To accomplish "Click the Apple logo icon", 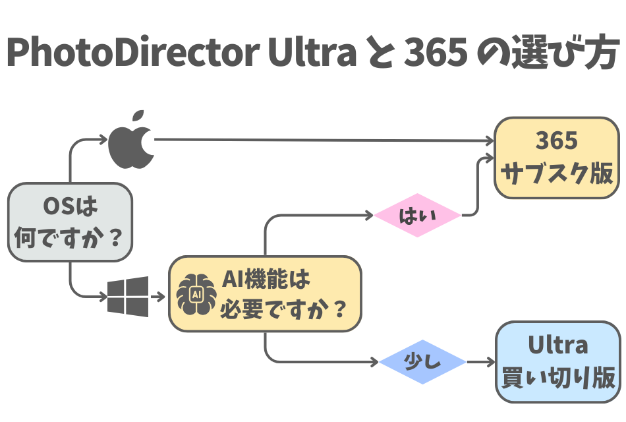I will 131,140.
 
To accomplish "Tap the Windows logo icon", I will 128,297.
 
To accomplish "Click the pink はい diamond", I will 417,215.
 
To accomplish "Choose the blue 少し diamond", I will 422,362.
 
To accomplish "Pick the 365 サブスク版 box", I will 557,158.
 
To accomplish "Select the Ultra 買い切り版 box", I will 557,363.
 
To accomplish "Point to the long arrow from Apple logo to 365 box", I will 323,140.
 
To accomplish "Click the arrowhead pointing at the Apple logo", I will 103,139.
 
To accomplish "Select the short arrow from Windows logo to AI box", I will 157,296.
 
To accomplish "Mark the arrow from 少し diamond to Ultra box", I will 479,362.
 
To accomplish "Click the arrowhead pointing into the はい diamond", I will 368,215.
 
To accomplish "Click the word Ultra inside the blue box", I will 557,346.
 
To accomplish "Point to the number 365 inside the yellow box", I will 557,141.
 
